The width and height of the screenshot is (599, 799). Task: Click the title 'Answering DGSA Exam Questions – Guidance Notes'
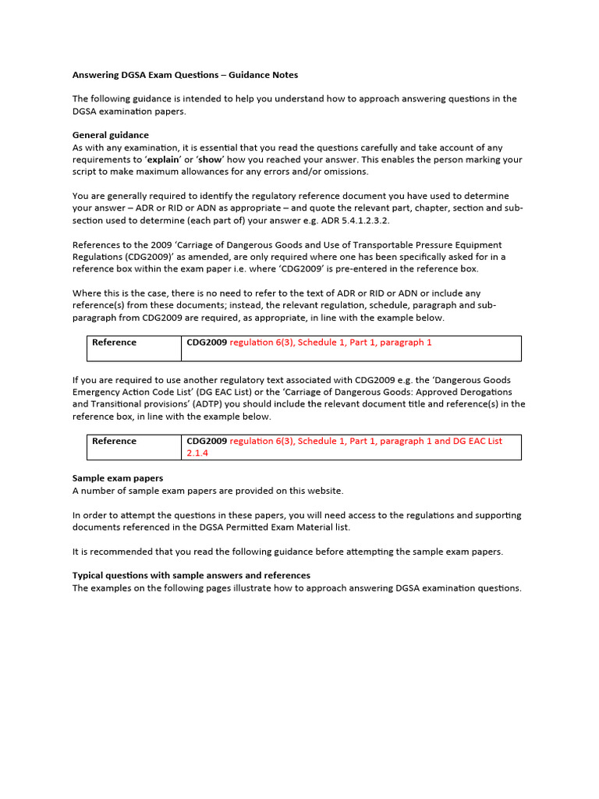(185, 75)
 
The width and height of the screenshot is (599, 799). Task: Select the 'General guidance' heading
(110, 135)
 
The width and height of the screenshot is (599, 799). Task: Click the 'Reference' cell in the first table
(114, 343)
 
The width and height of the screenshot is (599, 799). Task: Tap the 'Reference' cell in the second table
(114, 441)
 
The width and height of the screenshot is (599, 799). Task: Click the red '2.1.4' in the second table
(198, 453)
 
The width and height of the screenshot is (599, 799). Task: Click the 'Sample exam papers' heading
(118, 478)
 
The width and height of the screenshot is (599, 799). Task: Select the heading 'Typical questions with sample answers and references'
(191, 575)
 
